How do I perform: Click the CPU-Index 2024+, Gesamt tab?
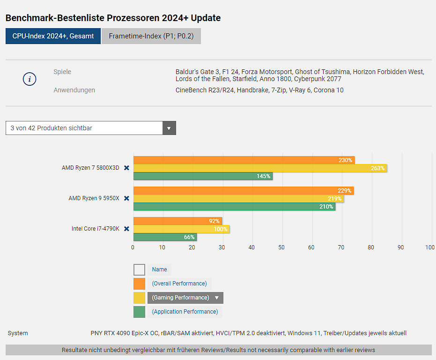pos(53,36)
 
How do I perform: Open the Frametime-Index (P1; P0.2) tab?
pos(151,36)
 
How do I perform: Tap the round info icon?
pos(30,79)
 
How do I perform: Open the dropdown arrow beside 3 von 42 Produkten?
pos(169,128)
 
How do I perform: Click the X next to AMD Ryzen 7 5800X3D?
pos(126,168)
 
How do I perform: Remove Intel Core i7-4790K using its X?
pos(126,229)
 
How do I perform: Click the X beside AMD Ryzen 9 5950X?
pos(126,198)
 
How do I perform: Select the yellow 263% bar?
pos(260,168)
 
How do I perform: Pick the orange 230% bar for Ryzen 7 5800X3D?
pos(244,160)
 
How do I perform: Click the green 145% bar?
pos(203,176)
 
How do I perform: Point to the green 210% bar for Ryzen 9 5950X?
pos(234,207)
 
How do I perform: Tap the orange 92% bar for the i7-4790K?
pos(177,221)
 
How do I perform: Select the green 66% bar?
pos(165,237)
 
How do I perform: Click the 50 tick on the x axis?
pos(281,247)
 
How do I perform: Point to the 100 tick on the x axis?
pos(430,247)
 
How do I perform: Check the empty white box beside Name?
pos(139,270)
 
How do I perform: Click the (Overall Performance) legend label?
pos(179,284)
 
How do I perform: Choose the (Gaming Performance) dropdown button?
pos(185,298)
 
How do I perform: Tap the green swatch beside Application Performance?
pos(139,312)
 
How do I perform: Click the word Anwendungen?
pos(74,90)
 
